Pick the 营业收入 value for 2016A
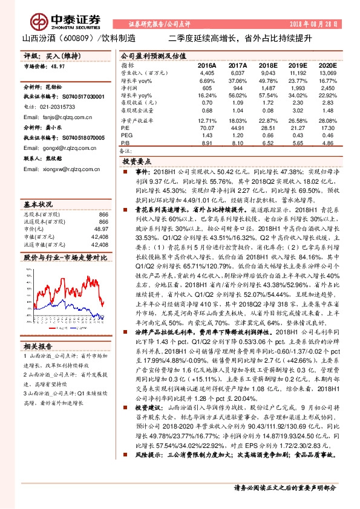207,72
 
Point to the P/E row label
126,128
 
